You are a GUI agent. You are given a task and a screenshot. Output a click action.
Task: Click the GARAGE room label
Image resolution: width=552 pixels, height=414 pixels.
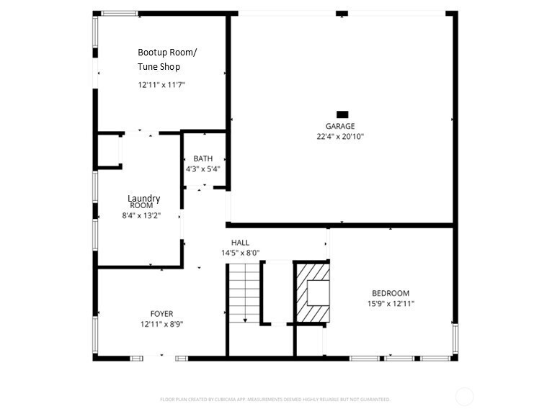point(340,126)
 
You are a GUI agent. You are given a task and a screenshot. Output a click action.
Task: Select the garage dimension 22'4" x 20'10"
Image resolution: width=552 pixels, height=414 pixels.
point(340,136)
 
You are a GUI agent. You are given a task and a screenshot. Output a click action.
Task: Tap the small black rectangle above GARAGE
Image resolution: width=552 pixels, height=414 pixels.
point(342,114)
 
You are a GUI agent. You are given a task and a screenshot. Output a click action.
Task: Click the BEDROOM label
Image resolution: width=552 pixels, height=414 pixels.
point(391,293)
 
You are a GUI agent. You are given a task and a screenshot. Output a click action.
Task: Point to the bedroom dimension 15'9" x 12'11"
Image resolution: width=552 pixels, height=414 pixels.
point(391,303)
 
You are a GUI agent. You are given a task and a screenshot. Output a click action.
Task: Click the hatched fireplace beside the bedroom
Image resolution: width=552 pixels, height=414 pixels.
point(311,293)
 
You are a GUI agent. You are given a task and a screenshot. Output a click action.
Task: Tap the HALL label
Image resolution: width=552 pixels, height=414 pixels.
point(240,243)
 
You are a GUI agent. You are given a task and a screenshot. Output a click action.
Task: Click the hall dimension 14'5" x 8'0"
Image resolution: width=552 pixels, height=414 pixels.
point(240,253)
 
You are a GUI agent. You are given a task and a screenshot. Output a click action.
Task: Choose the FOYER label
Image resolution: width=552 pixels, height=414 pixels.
point(161,314)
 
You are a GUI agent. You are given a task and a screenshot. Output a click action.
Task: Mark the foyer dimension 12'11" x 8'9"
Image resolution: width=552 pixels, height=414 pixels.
point(161,324)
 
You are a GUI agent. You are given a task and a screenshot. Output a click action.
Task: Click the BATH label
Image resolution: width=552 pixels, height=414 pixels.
point(202,158)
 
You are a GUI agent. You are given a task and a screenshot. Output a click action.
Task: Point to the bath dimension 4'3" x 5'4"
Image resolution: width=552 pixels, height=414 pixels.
point(202,168)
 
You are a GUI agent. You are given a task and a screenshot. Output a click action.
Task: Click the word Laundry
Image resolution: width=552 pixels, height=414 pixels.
point(143,198)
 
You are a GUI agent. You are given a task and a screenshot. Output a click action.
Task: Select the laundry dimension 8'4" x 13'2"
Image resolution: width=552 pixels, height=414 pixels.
point(141,215)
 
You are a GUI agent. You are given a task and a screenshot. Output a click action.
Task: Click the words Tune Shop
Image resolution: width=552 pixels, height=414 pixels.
point(159,67)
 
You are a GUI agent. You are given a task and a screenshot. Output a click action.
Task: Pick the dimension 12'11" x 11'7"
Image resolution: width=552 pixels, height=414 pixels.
point(162,84)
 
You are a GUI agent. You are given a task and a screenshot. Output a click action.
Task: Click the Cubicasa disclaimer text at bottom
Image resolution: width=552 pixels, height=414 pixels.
point(275,399)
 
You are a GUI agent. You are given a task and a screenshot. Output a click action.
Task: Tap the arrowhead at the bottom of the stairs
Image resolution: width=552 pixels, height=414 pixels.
point(244,319)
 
